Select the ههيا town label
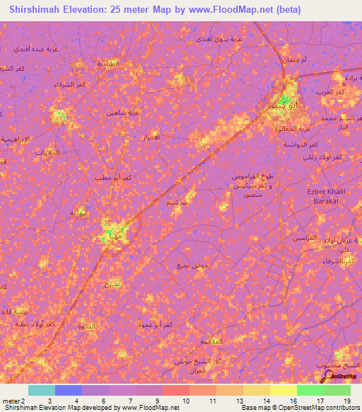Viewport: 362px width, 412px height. coord(112,236)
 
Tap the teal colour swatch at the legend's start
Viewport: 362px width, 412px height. coord(41,390)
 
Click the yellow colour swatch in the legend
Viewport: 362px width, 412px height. coord(283,390)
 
